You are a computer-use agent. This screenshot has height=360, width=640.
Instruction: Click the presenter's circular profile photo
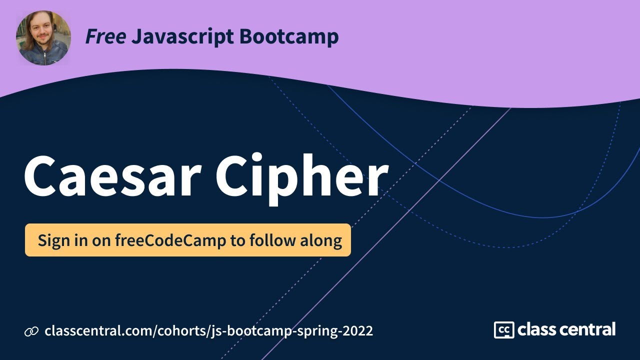click(x=43, y=38)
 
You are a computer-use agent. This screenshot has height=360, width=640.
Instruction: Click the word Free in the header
click(x=105, y=37)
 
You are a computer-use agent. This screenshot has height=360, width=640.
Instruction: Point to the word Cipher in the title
click(x=302, y=176)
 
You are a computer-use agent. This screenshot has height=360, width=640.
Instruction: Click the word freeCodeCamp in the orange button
click(x=170, y=240)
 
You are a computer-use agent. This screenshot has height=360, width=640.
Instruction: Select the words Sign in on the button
click(x=62, y=240)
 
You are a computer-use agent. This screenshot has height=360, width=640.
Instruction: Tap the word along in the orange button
click(x=320, y=240)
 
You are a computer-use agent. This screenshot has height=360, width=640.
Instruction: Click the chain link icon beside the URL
click(x=31, y=331)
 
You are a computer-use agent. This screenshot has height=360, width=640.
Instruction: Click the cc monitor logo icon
click(x=504, y=330)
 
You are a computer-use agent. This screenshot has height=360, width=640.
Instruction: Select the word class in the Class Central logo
click(x=538, y=330)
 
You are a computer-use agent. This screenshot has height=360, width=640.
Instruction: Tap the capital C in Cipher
click(x=235, y=176)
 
